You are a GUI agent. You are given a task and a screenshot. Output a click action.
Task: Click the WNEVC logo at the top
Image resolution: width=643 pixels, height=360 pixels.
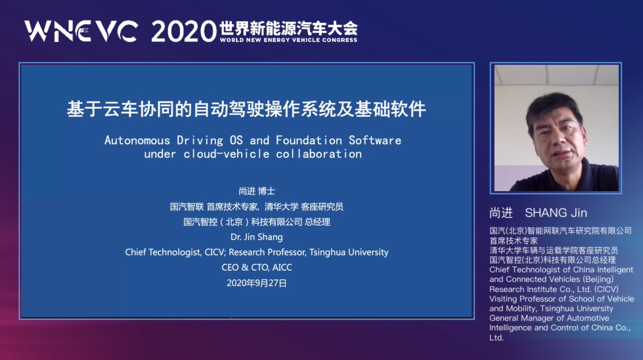(81, 31)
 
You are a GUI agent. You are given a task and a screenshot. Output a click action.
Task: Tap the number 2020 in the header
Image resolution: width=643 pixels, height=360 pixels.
(184, 31)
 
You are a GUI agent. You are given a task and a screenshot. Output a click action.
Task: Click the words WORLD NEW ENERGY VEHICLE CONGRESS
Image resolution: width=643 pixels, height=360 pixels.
(288, 40)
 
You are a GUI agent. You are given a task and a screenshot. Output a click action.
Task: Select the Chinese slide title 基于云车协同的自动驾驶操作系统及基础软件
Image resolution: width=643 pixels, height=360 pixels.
(246, 109)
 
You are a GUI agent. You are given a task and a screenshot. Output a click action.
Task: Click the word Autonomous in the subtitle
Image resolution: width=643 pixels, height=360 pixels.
(137, 140)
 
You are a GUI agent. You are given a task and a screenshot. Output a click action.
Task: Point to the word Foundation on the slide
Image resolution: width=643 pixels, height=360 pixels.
(309, 140)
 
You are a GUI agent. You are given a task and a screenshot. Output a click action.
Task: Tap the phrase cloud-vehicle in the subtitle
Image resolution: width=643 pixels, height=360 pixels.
(227, 154)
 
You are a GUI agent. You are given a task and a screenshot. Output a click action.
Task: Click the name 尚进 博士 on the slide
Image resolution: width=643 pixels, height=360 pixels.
(257, 191)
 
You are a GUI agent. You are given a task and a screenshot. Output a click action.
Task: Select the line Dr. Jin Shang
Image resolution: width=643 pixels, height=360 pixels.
(257, 237)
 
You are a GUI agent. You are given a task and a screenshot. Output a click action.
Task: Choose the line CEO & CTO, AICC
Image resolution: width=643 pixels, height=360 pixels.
(257, 267)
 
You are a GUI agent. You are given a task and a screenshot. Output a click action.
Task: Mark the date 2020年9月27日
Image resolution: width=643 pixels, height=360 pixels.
(257, 283)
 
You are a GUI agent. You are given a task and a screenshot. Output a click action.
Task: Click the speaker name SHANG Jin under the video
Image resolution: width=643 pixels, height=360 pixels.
(556, 213)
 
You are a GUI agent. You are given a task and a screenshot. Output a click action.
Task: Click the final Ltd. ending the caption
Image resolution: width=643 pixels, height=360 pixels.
(497, 337)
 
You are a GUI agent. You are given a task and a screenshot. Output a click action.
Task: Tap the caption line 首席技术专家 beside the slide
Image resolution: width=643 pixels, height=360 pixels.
(514, 241)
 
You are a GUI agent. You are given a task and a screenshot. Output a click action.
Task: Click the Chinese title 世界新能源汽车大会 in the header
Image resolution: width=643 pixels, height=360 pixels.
(288, 28)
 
